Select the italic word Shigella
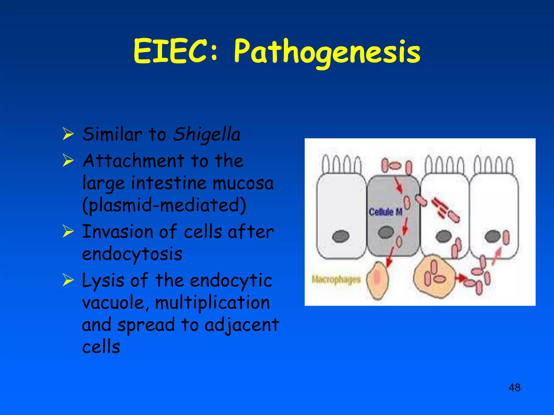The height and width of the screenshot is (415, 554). point(207,135)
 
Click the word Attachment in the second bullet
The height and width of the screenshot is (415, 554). point(133,161)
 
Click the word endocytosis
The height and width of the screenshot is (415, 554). point(132,254)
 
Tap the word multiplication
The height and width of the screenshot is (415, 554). point(213,303)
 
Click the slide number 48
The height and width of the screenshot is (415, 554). point(514,387)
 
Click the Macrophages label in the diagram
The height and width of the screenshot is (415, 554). point(336,279)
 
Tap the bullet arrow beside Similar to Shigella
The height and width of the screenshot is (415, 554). point(68,134)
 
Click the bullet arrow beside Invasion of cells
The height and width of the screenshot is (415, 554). point(68,231)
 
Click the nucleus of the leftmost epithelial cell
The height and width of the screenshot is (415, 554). point(341,236)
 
